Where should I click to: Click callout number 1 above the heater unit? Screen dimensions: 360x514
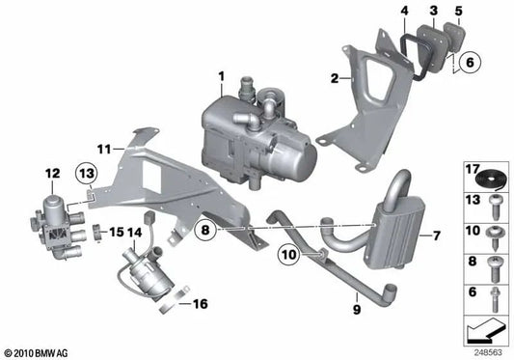220,74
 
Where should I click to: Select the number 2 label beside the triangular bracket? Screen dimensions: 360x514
334,78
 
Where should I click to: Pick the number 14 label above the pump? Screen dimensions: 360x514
136,233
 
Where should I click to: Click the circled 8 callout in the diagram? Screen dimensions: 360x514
205,231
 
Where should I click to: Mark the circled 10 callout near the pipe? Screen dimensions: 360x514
288,254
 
